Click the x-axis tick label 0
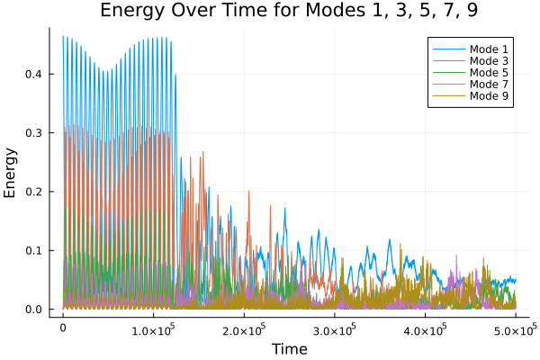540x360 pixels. [63, 329]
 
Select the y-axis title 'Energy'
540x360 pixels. [12, 174]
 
